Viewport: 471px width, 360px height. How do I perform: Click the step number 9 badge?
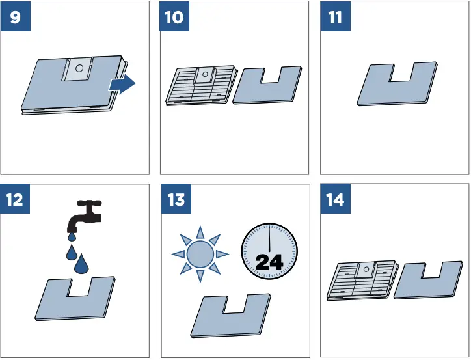(15, 17)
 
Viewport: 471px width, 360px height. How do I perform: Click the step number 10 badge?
(175, 17)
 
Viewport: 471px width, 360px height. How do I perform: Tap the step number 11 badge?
(336, 17)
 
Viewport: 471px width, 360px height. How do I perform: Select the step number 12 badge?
(15, 199)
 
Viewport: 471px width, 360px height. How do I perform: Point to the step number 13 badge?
(176, 199)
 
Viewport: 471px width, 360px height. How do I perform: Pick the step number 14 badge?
(336, 199)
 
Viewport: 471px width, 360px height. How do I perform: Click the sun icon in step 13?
(200, 253)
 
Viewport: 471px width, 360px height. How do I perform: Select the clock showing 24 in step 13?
(269, 251)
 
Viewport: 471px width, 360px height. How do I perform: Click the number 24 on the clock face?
(269, 262)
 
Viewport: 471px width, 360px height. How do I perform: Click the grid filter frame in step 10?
(200, 85)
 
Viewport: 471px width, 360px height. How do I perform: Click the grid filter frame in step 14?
(361, 281)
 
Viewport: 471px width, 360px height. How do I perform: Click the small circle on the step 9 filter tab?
(77, 66)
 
